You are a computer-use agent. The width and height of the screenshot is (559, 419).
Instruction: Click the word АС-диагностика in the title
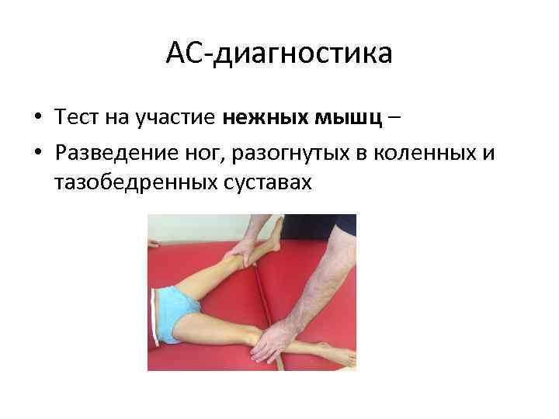279,54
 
